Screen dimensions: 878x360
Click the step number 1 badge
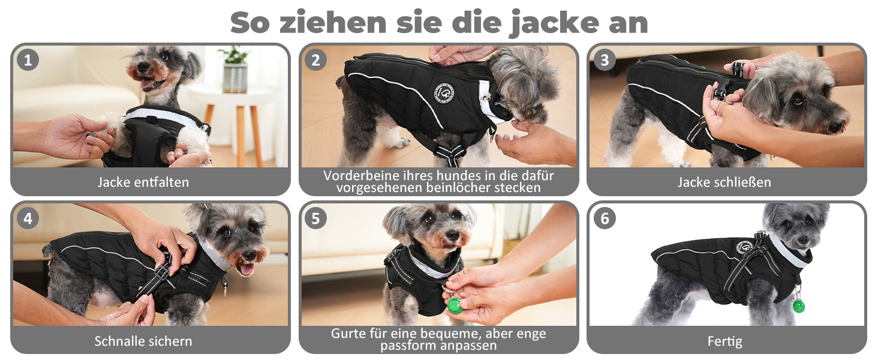click(28, 60)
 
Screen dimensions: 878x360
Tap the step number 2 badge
click(315, 60)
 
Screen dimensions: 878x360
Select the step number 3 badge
click(605, 60)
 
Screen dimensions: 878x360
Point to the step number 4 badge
click(28, 218)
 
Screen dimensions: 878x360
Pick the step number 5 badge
click(315, 218)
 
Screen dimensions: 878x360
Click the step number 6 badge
click(605, 218)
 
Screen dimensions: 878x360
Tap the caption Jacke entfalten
click(143, 182)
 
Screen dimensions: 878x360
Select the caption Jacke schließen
click(724, 182)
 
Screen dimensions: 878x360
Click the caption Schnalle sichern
click(143, 341)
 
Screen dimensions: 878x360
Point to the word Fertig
click(724, 341)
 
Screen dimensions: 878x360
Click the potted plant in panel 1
click(234, 71)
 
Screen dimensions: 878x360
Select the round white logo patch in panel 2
click(444, 94)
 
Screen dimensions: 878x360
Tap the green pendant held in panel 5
click(455, 305)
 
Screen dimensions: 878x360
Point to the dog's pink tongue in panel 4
click(247, 269)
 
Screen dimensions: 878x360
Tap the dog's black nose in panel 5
click(452, 235)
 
